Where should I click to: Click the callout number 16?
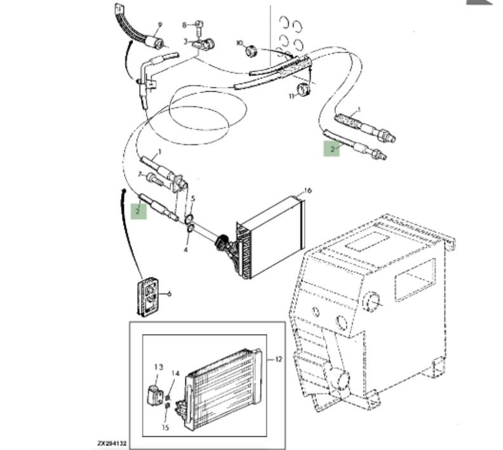(x=308, y=190)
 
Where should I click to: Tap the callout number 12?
(x=278, y=359)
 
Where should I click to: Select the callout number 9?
(x=160, y=25)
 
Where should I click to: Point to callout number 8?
(x=185, y=25)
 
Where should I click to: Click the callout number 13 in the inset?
(x=158, y=366)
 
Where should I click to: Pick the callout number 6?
(x=169, y=293)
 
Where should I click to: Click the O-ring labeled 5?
(x=189, y=220)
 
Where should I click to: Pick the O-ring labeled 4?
(x=189, y=237)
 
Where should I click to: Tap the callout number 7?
(x=140, y=173)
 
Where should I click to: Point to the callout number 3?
(x=186, y=41)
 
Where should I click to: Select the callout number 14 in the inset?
(x=176, y=373)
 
